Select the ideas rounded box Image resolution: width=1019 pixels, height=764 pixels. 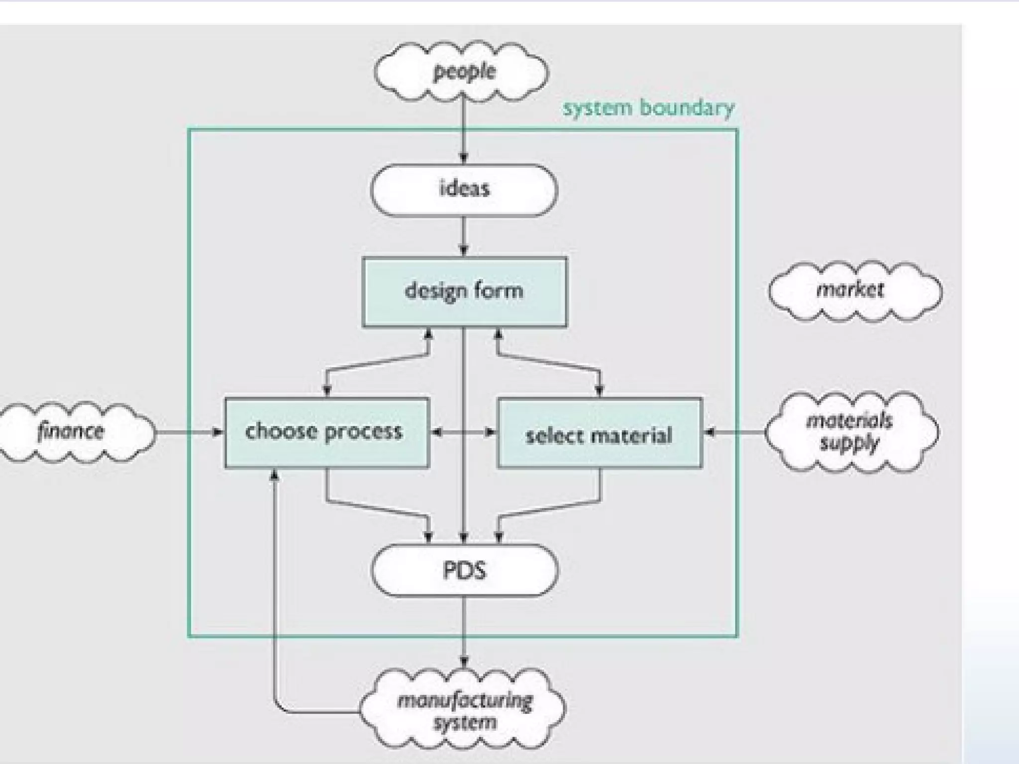click(464, 190)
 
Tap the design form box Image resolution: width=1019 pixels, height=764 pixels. click(464, 291)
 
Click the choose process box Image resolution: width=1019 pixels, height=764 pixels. click(326, 432)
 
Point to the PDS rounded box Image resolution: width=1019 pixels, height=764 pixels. click(464, 570)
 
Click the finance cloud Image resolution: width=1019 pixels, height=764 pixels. click(72, 431)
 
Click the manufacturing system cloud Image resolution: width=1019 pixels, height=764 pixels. click(464, 710)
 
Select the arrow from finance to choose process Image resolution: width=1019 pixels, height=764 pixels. click(189, 432)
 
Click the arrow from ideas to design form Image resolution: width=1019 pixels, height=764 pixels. click(464, 236)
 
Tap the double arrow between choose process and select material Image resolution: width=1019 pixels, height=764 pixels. click(463, 432)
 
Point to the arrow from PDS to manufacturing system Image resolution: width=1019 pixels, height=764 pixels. click(464, 632)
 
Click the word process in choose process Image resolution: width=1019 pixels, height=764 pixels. click(363, 432)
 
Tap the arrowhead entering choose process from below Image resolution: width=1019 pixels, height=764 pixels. click(274, 476)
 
